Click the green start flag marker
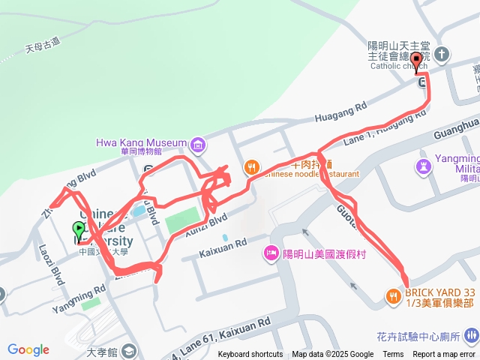pos(79,228)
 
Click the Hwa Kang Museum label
pos(140,142)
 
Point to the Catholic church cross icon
pos(442,54)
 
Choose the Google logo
pos(28,349)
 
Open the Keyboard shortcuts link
pos(250,355)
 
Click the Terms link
pos(393,355)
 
